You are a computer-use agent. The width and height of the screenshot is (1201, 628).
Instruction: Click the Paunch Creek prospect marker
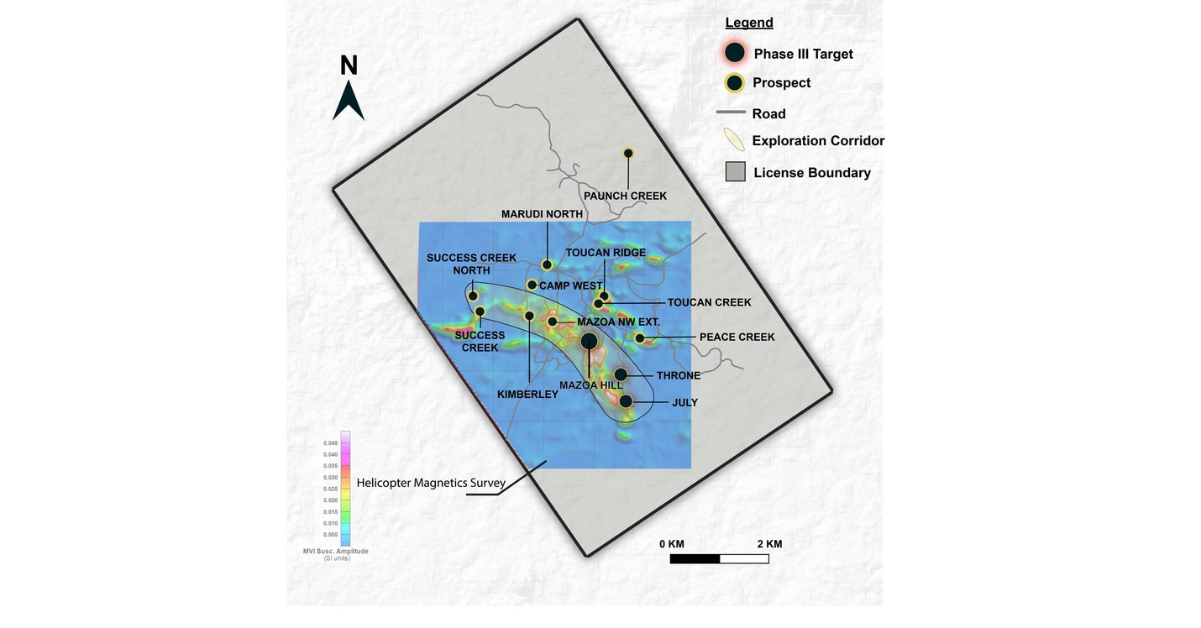tap(627, 153)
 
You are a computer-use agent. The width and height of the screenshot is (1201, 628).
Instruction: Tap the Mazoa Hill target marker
tap(589, 341)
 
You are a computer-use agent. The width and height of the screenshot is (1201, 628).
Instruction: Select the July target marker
tap(626, 401)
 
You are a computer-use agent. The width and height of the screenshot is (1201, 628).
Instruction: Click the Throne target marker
tap(621, 374)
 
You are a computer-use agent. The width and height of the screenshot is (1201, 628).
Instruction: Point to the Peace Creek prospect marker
tap(639, 338)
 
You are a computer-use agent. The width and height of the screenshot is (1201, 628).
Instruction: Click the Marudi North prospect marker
tap(547, 264)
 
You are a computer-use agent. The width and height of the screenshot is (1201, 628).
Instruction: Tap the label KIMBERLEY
tap(527, 394)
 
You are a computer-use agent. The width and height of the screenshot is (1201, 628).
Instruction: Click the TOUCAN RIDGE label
tap(606, 252)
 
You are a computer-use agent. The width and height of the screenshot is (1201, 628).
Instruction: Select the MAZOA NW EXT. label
tap(618, 322)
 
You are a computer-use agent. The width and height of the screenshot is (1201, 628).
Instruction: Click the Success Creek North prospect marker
tap(473, 296)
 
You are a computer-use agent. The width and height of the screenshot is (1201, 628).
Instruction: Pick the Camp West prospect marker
tap(532, 285)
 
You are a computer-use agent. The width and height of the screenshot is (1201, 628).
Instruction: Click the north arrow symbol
tap(349, 102)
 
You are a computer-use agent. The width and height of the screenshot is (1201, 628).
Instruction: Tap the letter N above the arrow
tap(349, 65)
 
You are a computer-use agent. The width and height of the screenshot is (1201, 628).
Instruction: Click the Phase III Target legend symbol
tap(735, 53)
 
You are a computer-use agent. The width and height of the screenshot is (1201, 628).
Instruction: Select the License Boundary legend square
tap(735, 172)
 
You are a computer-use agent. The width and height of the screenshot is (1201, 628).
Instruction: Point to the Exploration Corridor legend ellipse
tap(734, 139)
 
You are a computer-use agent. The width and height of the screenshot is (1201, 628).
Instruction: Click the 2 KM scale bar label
tap(768, 544)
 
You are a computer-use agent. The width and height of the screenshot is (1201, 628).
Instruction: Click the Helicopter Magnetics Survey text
tap(431, 483)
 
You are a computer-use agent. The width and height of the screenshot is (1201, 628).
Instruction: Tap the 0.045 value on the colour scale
tap(331, 442)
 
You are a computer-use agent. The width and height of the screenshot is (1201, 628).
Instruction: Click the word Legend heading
tap(749, 23)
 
